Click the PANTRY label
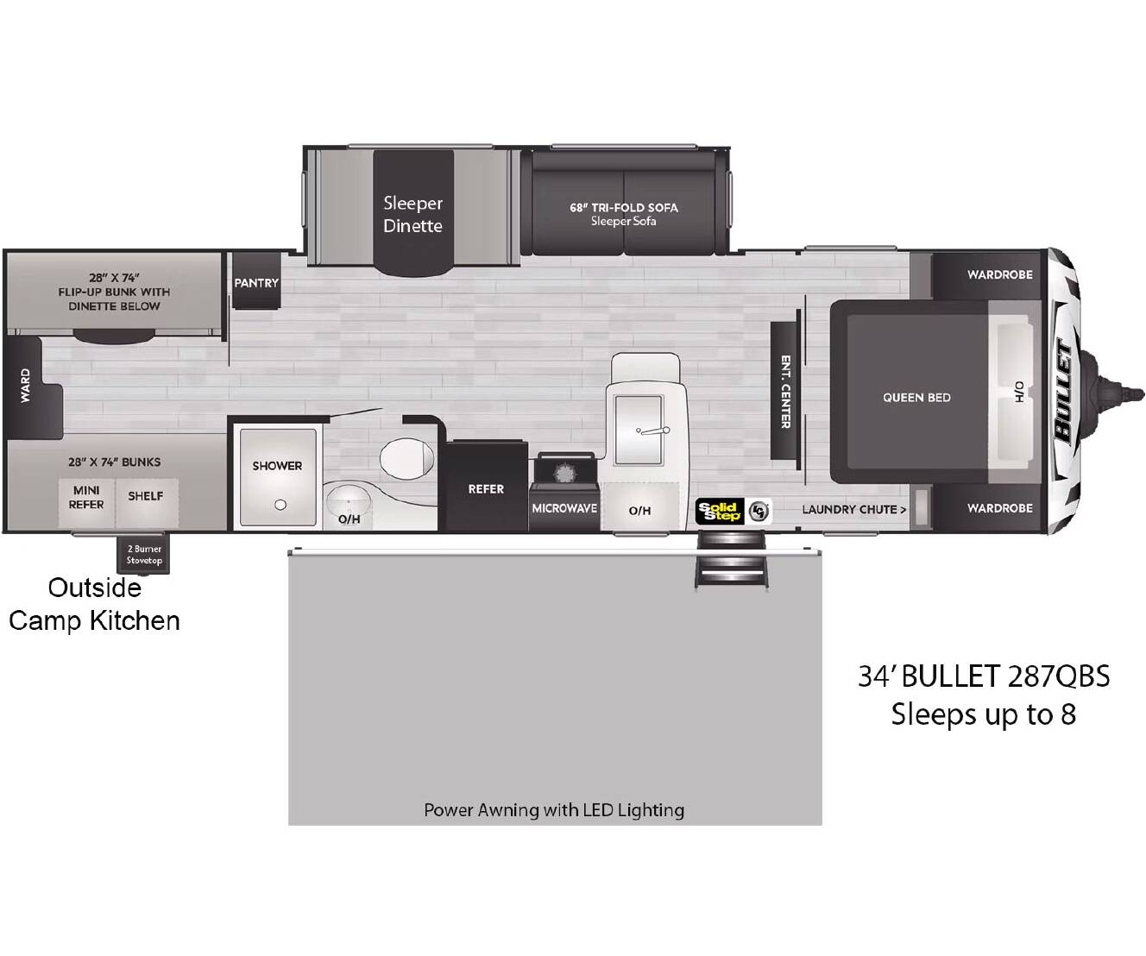(x=256, y=283)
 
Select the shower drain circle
(x=280, y=505)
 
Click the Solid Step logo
(x=720, y=511)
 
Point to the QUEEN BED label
(x=916, y=398)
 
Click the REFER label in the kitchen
(x=486, y=489)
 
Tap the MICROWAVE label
(x=564, y=508)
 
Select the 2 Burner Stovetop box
(x=143, y=554)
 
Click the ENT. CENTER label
(x=786, y=392)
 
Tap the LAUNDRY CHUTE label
(x=853, y=509)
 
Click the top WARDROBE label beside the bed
(x=1000, y=274)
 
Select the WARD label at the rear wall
(x=25, y=386)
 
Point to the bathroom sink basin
(x=349, y=500)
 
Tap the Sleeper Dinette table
(x=413, y=213)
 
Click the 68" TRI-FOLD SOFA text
(x=624, y=208)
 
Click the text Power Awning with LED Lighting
(x=554, y=810)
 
